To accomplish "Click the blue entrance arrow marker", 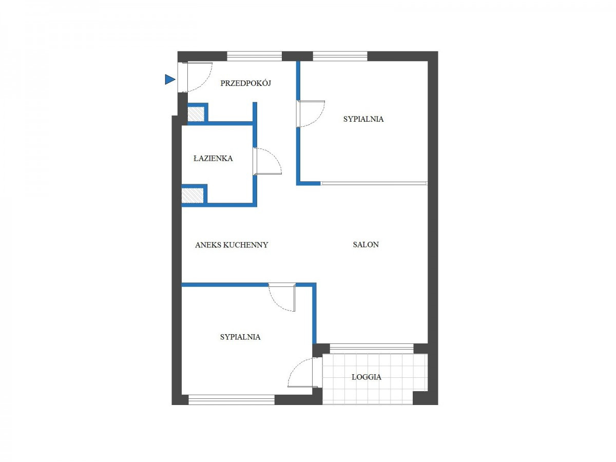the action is [169, 80].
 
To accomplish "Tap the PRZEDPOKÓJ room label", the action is [245, 83].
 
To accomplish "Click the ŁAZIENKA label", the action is [213, 158].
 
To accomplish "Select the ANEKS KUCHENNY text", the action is [232, 245].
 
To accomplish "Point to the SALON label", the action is [365, 245].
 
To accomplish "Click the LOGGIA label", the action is [366, 377].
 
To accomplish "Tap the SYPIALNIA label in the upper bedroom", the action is [363, 119].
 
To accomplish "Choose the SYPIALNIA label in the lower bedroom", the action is [240, 337].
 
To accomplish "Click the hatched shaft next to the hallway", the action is [196, 114].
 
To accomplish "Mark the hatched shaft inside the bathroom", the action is [192, 195].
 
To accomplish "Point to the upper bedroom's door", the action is [311, 113].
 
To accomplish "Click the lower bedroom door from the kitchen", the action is [282, 297].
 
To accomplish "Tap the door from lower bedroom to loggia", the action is [301, 372].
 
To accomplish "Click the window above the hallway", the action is [254, 56].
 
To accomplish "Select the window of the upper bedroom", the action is [340, 56].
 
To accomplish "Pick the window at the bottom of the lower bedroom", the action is [232, 400].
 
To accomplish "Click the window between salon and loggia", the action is [372, 348].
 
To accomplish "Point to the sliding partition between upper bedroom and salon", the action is [374, 183].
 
